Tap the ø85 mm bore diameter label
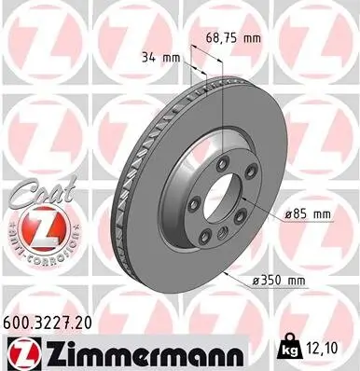(309, 213)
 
